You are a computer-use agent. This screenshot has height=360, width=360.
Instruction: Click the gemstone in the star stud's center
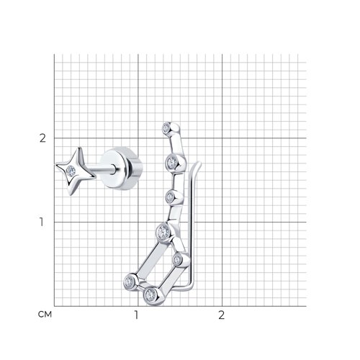pos(71,171)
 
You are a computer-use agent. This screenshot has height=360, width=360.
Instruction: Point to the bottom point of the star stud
pos(71,194)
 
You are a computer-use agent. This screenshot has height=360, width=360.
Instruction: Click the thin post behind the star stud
pos(104,169)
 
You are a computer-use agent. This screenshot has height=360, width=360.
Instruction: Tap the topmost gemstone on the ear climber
pos(166,128)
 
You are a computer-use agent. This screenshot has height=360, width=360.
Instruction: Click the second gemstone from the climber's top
pos(172,163)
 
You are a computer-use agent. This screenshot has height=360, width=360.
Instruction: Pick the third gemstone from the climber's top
pos(170,197)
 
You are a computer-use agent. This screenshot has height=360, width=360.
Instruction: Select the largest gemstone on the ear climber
pos(163,232)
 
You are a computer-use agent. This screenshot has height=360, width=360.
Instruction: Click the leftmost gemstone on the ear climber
pos(129,282)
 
